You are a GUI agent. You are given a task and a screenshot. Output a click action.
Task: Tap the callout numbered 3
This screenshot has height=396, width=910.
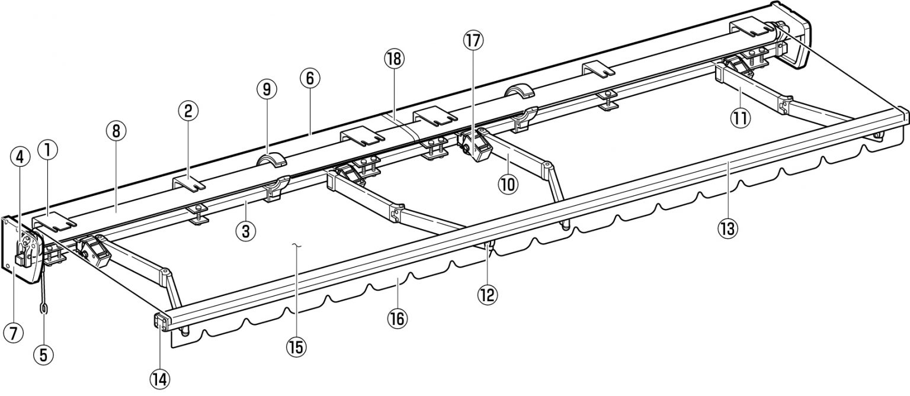245,231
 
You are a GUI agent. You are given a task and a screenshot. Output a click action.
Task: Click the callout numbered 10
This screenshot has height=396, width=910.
508,184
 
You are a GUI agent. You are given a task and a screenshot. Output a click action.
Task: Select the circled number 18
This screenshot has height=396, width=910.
392,58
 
